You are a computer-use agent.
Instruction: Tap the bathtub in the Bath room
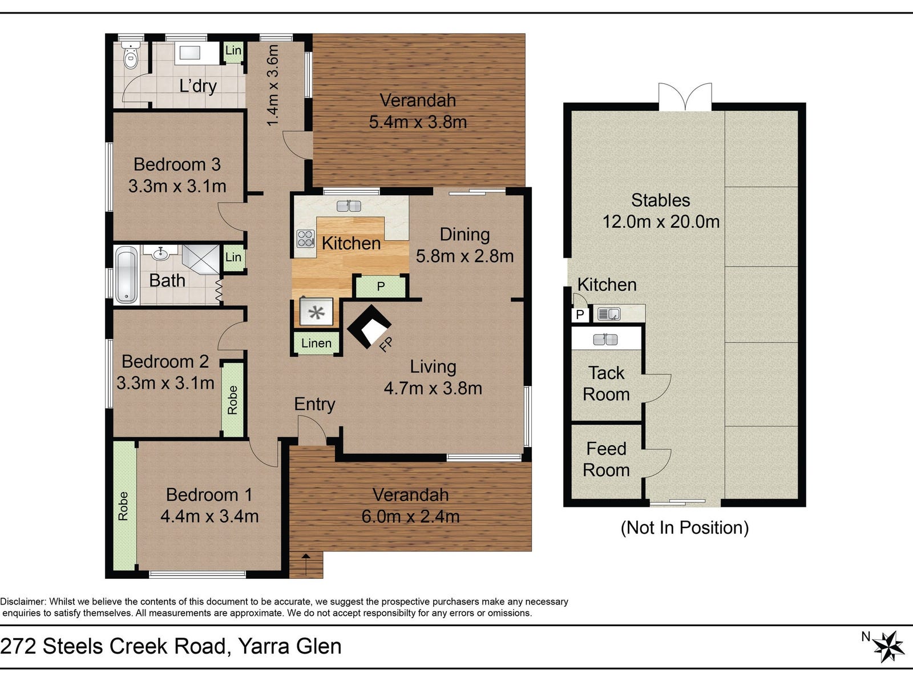[x=127, y=275]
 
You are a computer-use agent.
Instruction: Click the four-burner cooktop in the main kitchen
[x=305, y=239]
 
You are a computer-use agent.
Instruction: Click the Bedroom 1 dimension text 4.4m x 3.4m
[x=209, y=517]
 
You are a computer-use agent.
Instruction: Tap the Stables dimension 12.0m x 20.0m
[x=661, y=221]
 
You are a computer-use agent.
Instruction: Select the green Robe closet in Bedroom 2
[x=232, y=400]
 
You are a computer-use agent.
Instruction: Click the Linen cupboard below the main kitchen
[x=317, y=343]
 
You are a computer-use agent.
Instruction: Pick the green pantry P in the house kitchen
[x=380, y=286]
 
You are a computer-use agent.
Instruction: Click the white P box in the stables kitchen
[x=580, y=315]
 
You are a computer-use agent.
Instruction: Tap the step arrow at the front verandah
[x=306, y=564]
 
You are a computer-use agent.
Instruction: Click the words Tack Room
[x=607, y=384]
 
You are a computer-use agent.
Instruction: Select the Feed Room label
[x=606, y=459]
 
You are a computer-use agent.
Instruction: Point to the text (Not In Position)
[x=685, y=528]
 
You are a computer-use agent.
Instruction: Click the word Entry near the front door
[x=314, y=404]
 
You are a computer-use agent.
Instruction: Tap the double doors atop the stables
[x=685, y=96]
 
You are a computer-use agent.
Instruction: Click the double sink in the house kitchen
[x=349, y=205]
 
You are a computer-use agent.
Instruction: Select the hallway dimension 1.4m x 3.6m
[x=273, y=85]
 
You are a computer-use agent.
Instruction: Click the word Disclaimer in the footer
[x=23, y=602]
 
